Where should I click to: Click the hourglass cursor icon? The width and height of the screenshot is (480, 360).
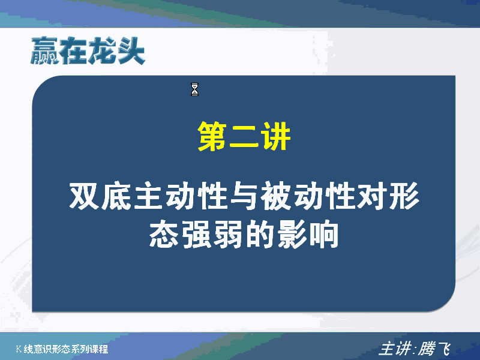194,89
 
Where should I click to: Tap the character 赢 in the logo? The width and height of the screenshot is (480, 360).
44,50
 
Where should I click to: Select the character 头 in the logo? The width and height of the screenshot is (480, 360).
131,51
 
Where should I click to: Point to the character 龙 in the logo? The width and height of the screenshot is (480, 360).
102,51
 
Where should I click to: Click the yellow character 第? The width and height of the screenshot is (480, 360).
212,136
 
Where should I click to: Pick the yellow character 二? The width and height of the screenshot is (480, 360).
244,137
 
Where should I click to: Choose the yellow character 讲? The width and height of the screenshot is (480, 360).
275,136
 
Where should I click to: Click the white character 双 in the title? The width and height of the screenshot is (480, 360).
84,196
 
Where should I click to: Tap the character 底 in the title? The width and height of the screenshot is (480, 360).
116,196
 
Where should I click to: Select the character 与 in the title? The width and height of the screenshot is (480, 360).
244,196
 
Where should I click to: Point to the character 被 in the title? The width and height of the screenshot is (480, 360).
275,196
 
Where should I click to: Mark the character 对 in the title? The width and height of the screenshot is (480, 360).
371,196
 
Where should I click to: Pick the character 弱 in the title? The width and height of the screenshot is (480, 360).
228,234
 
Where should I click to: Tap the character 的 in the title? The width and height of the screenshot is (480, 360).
260,234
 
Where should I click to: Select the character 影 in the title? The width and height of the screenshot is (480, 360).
292,234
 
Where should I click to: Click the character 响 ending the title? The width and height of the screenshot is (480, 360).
323,234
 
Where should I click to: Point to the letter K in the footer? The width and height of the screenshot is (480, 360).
19,349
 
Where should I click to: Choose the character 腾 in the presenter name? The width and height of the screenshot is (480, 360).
427,349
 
